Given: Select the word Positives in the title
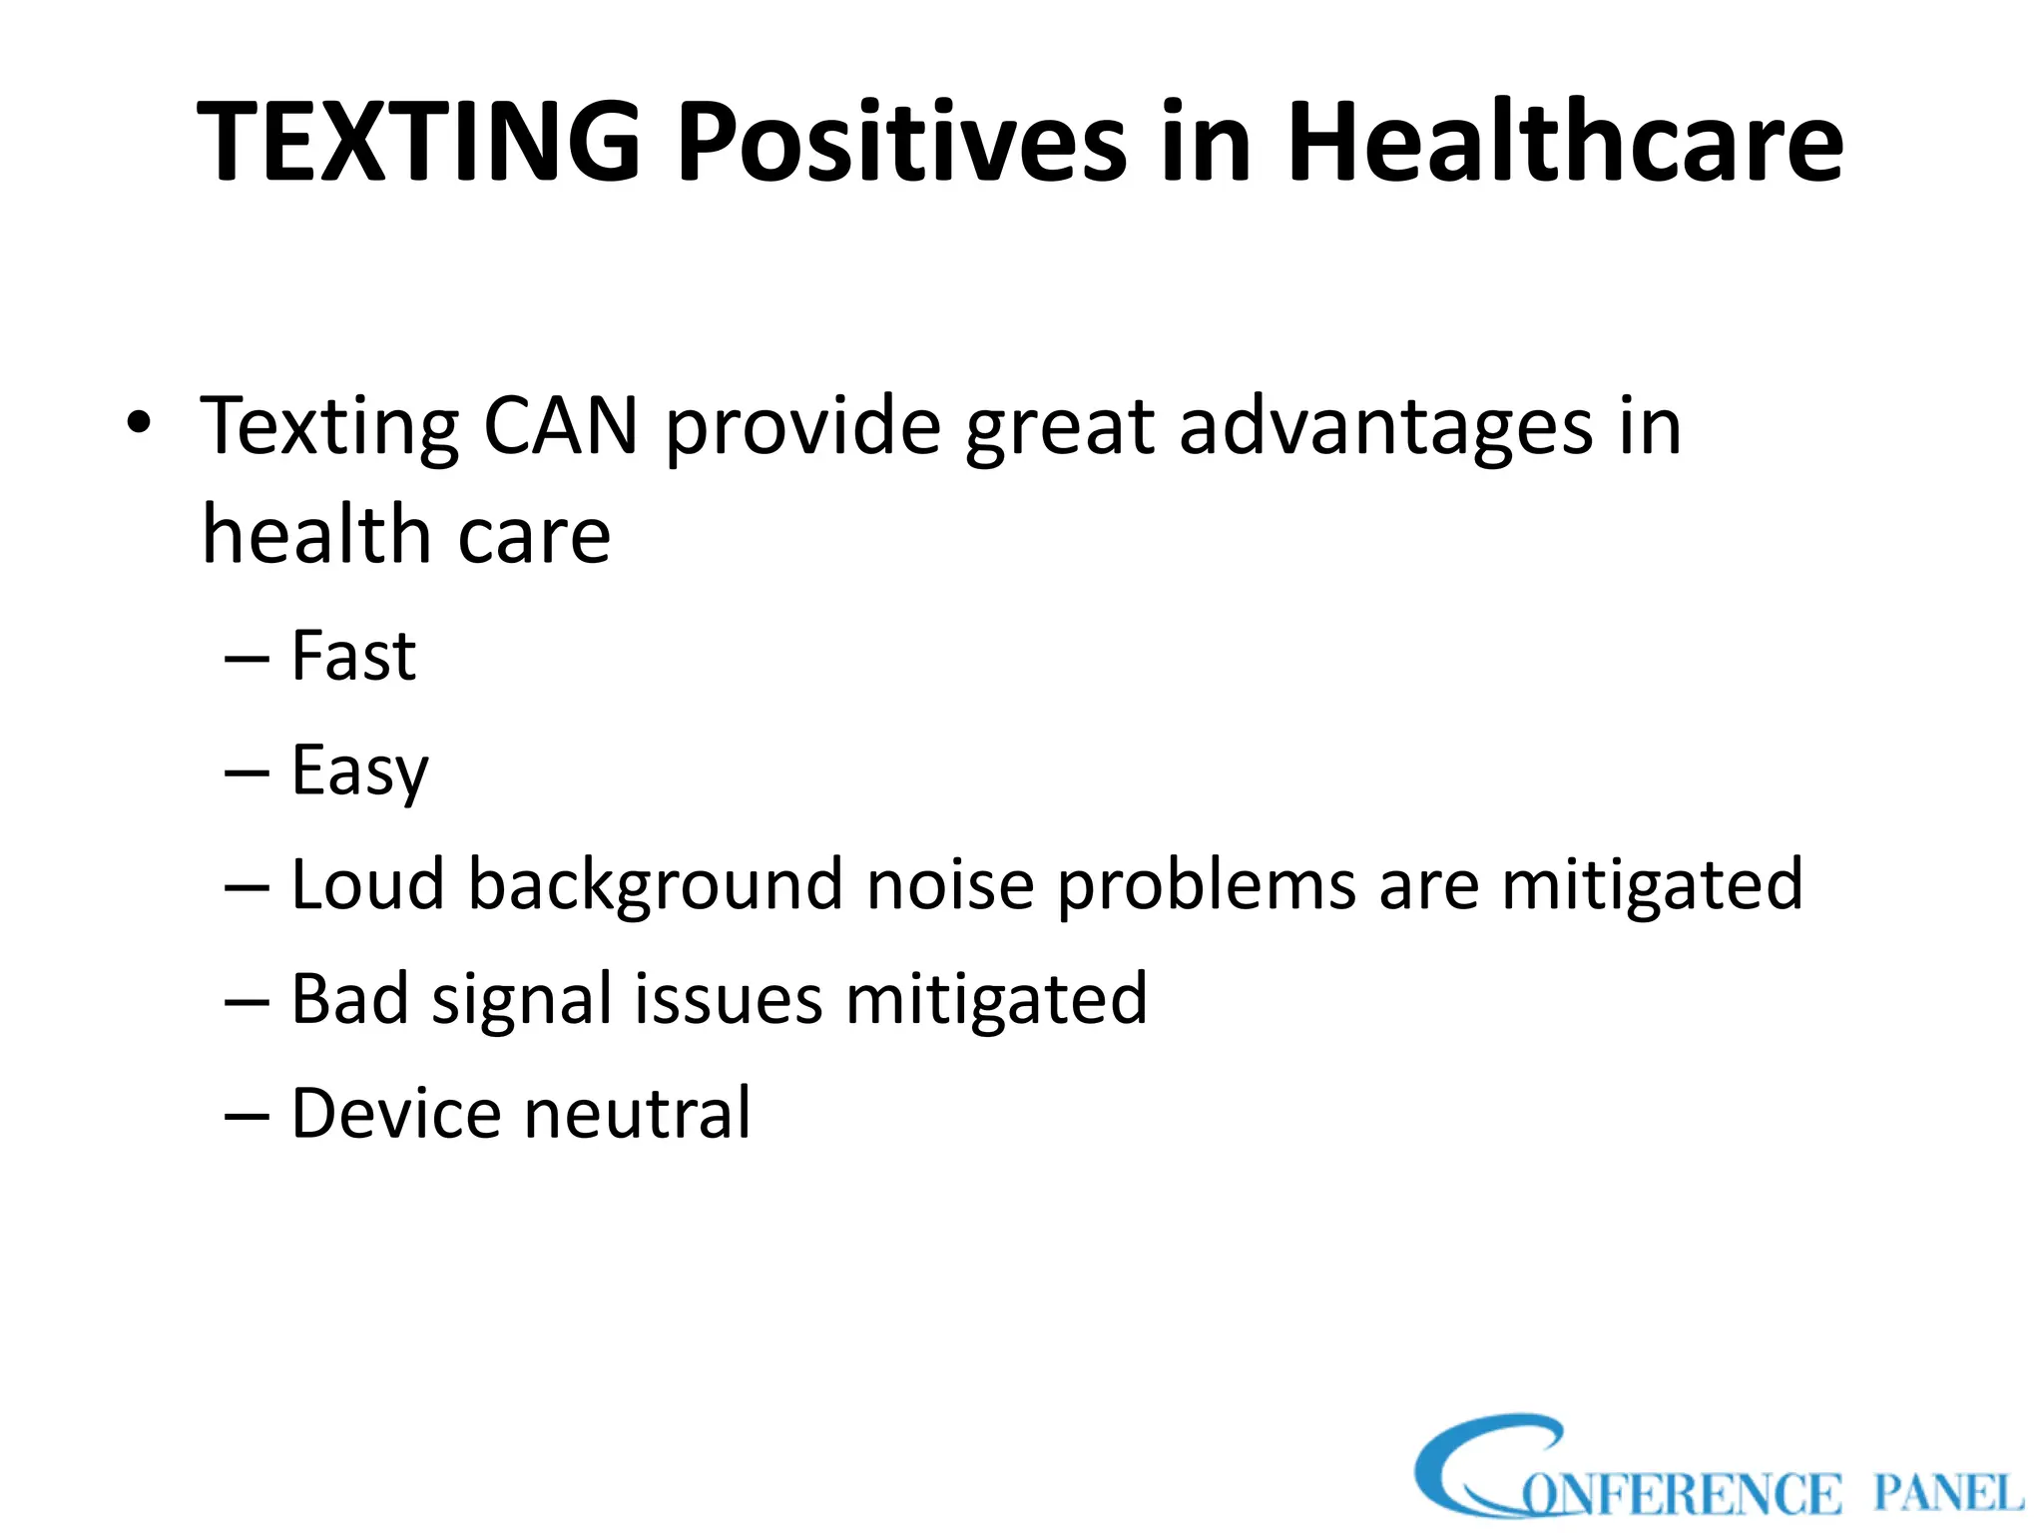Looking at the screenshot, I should tap(901, 142).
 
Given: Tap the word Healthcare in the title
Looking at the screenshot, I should tap(1564, 142).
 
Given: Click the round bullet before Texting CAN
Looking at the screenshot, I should tap(139, 423).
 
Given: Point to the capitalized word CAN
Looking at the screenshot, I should tap(560, 427).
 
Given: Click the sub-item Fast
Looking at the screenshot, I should tap(353, 657).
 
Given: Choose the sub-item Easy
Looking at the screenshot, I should tap(359, 772).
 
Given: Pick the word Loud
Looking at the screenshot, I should tap(367, 884).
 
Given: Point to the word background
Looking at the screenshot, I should tap(656, 886).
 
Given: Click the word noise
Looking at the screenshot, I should tap(950, 886).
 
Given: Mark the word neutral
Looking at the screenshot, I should tap(637, 1114).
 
